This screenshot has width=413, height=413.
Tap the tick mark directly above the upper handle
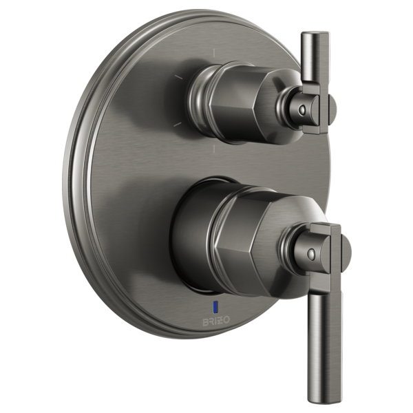(x=215, y=52)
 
